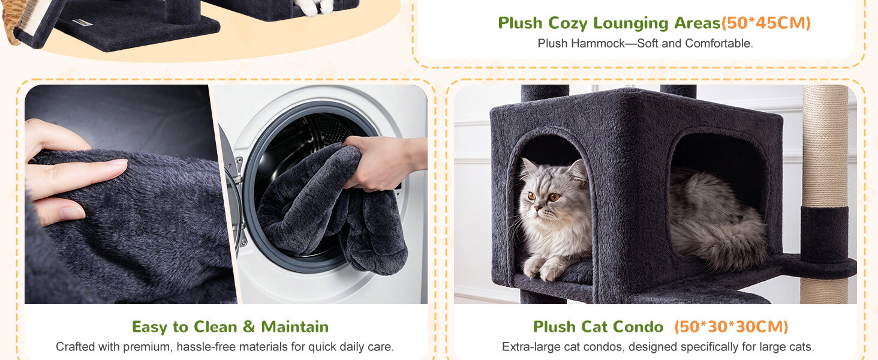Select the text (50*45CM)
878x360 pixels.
766,23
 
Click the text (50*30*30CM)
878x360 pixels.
732,326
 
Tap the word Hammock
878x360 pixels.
598,43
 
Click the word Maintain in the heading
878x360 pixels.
294,326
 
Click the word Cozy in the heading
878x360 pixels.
567,23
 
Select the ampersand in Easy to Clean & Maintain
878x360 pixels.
248,326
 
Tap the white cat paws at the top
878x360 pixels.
314,7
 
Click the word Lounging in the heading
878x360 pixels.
631,23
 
